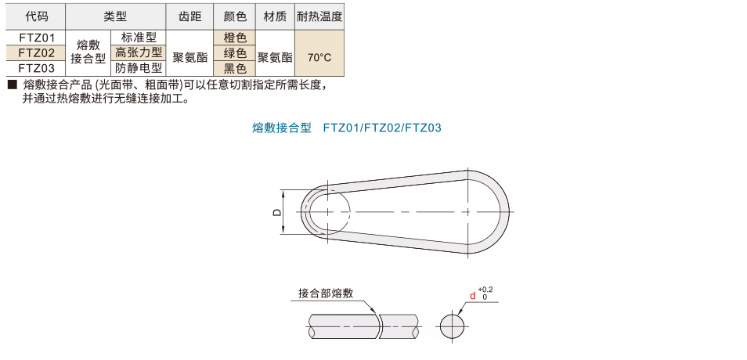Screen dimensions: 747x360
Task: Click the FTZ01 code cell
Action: [x=36, y=37]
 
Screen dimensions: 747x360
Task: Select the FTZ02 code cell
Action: [x=36, y=52]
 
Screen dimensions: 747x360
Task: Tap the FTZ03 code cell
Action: [x=36, y=68]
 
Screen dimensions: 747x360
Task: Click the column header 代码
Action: [x=36, y=16]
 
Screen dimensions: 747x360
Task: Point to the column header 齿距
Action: [x=189, y=16]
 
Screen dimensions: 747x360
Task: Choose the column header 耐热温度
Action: [x=319, y=16]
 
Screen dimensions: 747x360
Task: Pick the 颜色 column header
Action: [x=235, y=16]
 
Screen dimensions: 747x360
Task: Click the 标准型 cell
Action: [x=139, y=37]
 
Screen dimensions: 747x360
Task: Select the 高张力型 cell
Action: [x=139, y=52]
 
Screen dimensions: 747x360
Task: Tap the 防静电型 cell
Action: [x=139, y=68]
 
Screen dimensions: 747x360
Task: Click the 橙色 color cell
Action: [x=235, y=37]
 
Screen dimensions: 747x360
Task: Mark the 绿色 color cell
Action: [x=235, y=52]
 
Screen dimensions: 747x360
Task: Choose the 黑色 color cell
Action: [x=235, y=68]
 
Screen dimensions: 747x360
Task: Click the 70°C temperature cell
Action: [x=319, y=57]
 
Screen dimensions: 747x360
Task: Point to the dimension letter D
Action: [x=276, y=212]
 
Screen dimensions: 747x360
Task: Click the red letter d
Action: [x=473, y=296]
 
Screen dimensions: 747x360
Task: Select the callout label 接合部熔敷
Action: [x=326, y=293]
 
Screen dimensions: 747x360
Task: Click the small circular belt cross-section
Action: [x=452, y=326]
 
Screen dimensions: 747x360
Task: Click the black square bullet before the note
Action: [x=13, y=85]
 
